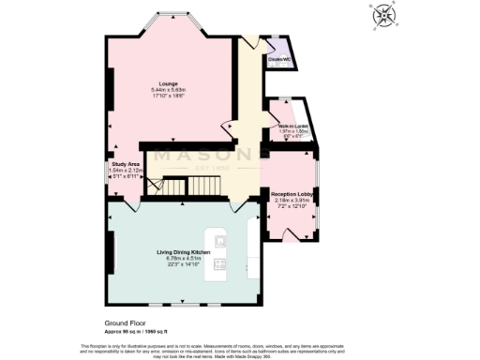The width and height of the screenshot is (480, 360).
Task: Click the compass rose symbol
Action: pos(385,15)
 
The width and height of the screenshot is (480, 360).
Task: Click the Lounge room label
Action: pos(170,83)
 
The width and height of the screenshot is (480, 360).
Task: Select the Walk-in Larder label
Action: pos(292,126)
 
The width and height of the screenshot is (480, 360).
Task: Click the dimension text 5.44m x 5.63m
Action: pos(170,90)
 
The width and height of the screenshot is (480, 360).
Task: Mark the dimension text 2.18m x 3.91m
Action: pos(292,200)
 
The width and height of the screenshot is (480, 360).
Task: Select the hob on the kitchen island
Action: pos(221,266)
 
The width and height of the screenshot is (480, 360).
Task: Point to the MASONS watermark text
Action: pos(204,155)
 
